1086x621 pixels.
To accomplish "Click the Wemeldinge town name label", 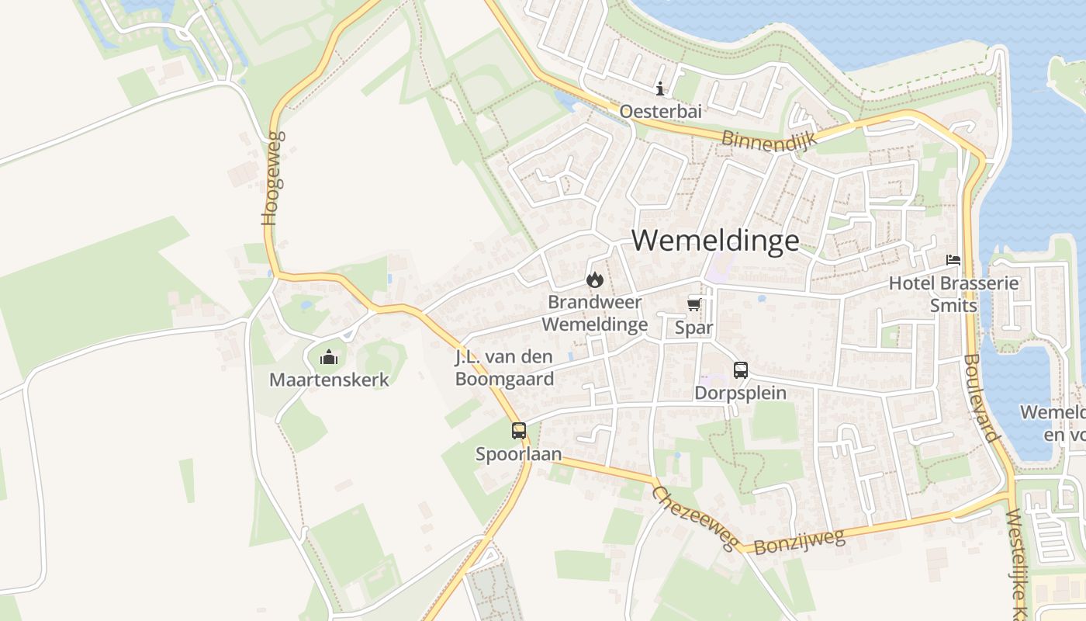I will (x=714, y=241).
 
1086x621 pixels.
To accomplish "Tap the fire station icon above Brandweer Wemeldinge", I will (x=594, y=279).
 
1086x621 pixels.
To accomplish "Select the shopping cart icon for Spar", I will (x=694, y=304).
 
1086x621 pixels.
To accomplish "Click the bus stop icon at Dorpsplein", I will (x=741, y=370).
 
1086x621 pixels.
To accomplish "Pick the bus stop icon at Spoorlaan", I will (x=519, y=430).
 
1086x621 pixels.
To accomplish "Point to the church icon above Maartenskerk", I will (x=329, y=358).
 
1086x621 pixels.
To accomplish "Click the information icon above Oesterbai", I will (x=660, y=88).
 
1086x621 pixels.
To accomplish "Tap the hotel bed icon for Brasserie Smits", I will (x=953, y=260).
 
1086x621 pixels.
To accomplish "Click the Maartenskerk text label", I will (x=329, y=380).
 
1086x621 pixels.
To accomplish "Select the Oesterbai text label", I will (x=660, y=112).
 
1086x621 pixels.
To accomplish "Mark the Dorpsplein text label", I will (x=740, y=393).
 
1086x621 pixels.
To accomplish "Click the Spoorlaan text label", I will (x=519, y=453).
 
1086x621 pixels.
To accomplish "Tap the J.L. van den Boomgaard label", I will (x=504, y=369).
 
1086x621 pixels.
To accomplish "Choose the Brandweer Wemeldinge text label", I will (x=594, y=312).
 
